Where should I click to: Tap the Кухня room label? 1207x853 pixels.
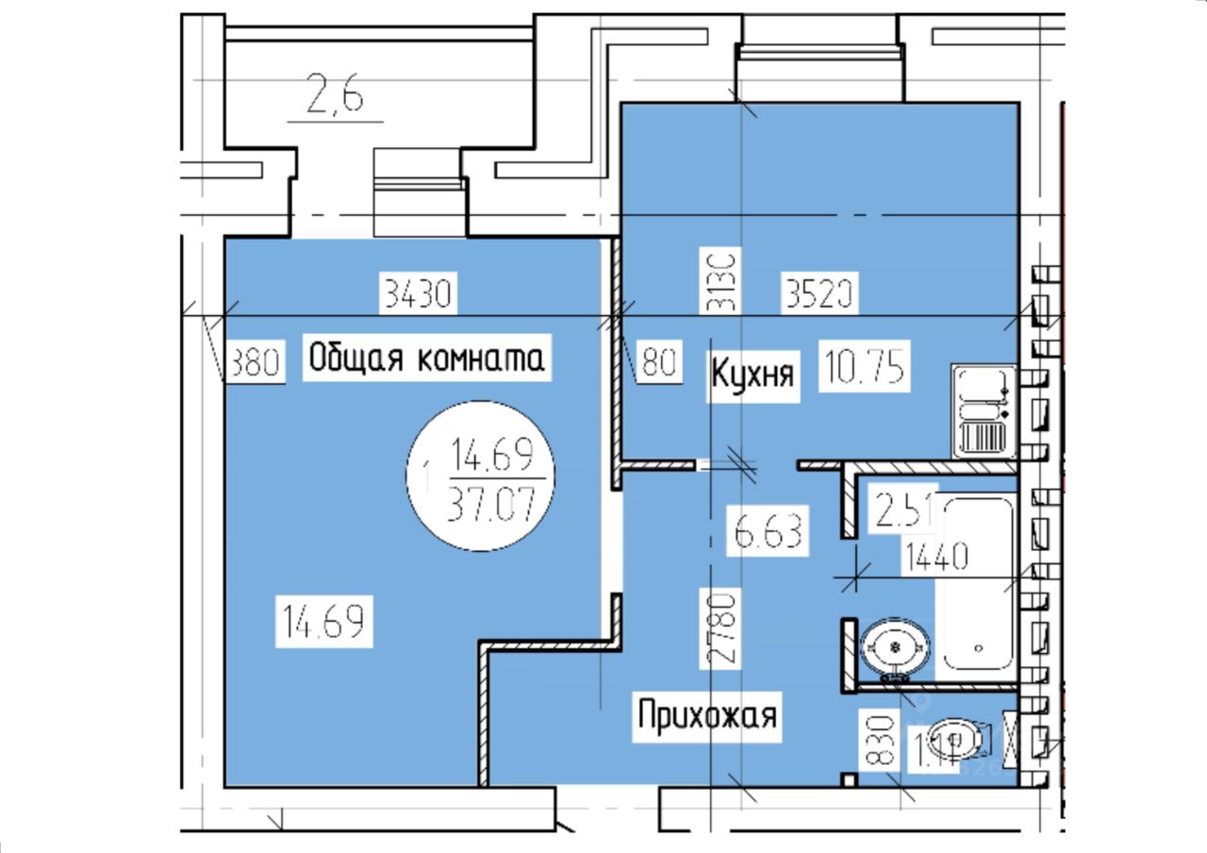[x=752, y=376]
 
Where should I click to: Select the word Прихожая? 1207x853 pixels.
[x=707, y=715]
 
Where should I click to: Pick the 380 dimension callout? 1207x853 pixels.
[x=255, y=361]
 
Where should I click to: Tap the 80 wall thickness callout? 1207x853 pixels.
[x=660, y=361]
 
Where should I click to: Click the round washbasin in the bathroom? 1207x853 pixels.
[x=895, y=648]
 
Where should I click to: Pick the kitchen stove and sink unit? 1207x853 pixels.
[x=984, y=411]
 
